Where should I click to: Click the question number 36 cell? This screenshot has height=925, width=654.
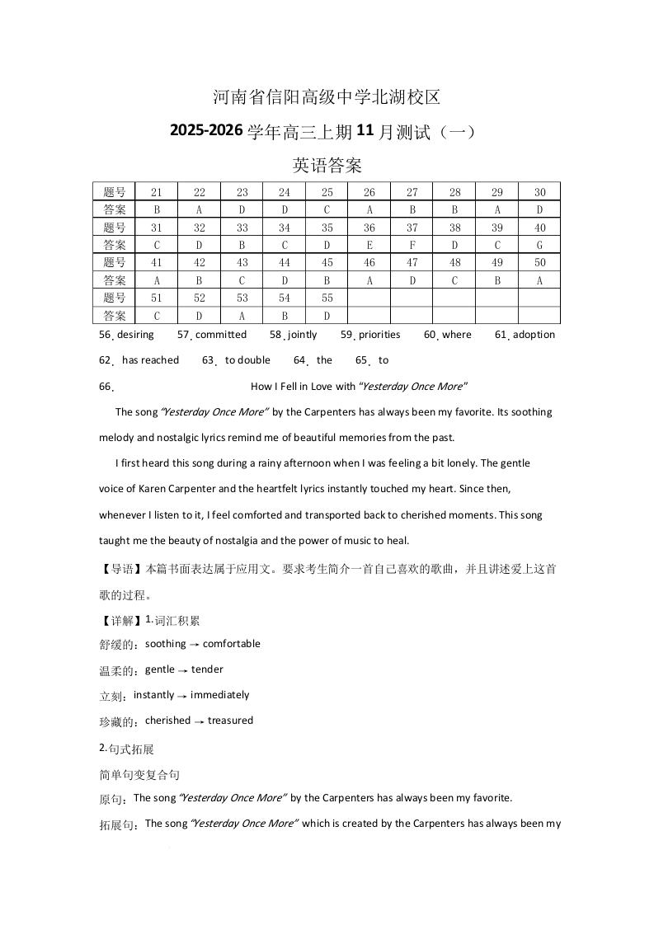tap(369, 228)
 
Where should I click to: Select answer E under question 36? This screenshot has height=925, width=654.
tap(369, 245)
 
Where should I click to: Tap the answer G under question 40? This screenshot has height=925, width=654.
tap(540, 245)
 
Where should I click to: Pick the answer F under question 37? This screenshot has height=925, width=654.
tap(412, 245)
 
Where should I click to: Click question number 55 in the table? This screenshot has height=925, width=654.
tap(327, 298)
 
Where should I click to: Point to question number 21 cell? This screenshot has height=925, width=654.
tap(157, 192)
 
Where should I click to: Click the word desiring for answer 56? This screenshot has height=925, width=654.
tap(135, 335)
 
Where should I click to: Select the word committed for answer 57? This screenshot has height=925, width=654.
tap(220, 335)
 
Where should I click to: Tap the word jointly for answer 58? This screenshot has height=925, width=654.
tap(302, 335)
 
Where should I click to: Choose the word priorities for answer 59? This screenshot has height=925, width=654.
tap(379, 335)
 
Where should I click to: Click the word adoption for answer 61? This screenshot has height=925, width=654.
tap(534, 335)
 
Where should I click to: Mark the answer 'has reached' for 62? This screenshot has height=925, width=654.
tap(150, 360)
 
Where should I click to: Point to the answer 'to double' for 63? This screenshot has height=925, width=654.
tap(247, 360)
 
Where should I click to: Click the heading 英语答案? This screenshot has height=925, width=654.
tap(327, 166)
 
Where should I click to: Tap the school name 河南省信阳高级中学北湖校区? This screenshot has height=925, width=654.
tap(327, 97)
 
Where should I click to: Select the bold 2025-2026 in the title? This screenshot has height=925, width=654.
tap(206, 131)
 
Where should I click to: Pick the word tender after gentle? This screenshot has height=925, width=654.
tap(207, 669)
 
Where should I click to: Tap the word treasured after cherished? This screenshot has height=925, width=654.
tap(230, 721)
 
